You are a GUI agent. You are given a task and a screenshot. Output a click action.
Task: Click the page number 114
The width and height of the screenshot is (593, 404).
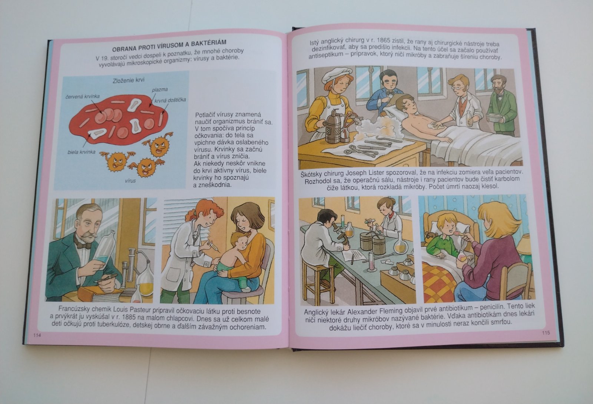click(x=37, y=335)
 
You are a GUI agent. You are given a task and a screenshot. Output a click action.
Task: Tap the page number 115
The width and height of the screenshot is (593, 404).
click(x=546, y=332)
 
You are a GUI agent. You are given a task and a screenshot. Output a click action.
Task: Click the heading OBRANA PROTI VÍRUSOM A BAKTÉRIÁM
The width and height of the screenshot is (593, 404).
click(x=169, y=46)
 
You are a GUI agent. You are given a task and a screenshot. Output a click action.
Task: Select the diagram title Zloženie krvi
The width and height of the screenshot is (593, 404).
click(x=129, y=80)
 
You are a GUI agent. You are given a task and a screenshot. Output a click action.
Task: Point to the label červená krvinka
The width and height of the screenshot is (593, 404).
click(x=83, y=96)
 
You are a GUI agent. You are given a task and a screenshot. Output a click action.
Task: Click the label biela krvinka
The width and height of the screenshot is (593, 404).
click(x=81, y=152)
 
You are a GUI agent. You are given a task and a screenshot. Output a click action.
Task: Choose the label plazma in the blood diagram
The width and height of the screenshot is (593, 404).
click(x=160, y=90)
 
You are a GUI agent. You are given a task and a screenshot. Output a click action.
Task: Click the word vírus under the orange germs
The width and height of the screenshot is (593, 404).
click(x=130, y=181)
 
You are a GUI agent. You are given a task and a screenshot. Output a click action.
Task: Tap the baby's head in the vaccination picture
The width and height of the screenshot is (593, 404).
click(x=239, y=241)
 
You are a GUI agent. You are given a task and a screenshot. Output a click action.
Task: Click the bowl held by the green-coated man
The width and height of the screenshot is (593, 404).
click(x=494, y=117)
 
